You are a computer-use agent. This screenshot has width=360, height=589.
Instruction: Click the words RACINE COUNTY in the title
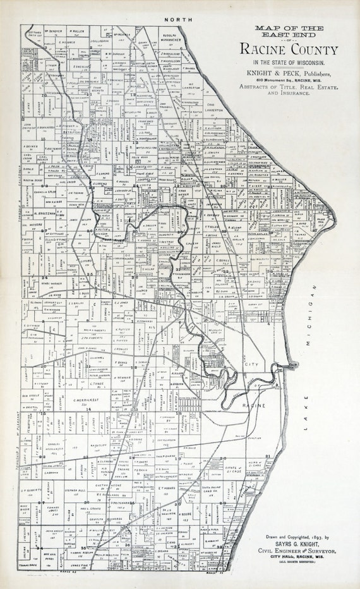289,51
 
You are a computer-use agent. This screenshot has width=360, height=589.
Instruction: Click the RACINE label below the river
256,404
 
